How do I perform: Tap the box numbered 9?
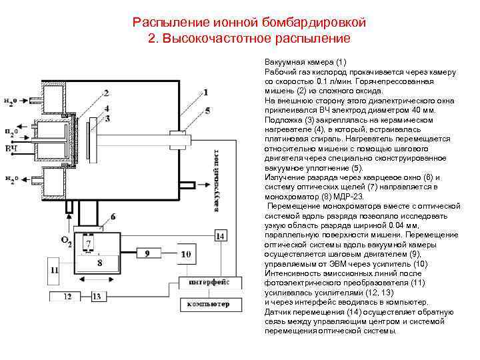(147, 253)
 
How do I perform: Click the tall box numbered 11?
(55, 269)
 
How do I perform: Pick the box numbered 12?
(67, 295)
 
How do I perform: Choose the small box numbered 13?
(97, 295)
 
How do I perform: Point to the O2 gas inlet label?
(66, 241)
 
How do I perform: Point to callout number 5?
(208, 110)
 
